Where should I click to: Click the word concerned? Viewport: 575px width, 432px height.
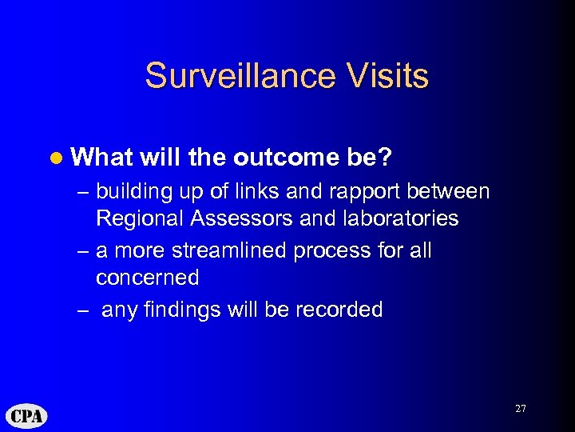[147, 278]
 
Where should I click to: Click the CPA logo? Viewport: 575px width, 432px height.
[27, 416]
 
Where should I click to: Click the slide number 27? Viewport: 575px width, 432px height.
[520, 409]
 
